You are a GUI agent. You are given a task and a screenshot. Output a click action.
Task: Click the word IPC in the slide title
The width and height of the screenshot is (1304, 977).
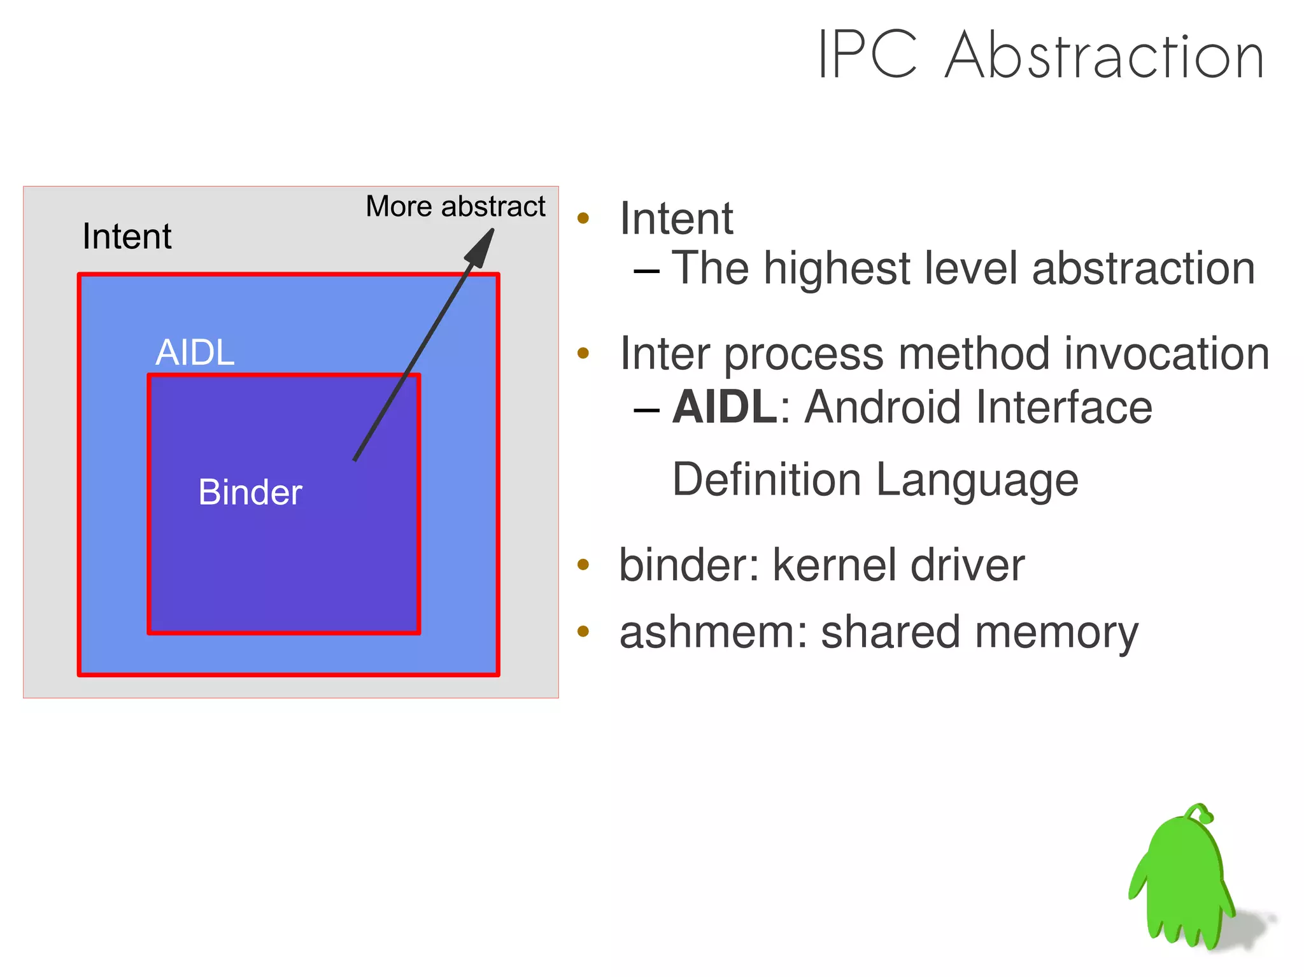click(867, 56)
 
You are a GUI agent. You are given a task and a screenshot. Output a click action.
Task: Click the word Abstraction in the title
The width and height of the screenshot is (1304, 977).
click(1104, 56)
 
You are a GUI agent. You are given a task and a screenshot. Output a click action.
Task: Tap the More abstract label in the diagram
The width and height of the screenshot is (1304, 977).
click(455, 206)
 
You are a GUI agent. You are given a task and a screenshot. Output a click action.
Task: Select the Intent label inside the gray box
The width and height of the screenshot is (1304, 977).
click(127, 237)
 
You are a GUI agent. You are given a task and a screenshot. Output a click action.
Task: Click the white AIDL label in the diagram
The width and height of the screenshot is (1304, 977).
click(195, 352)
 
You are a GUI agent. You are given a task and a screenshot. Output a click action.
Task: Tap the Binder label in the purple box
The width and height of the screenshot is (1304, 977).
click(250, 492)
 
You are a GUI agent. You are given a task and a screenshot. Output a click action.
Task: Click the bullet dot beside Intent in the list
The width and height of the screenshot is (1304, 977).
click(583, 218)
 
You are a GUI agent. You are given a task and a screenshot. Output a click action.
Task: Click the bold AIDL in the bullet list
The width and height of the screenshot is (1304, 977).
click(725, 407)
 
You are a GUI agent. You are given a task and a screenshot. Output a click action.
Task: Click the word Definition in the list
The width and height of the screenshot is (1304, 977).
click(767, 479)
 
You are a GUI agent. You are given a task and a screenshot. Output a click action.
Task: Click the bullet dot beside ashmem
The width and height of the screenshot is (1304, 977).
click(583, 631)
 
